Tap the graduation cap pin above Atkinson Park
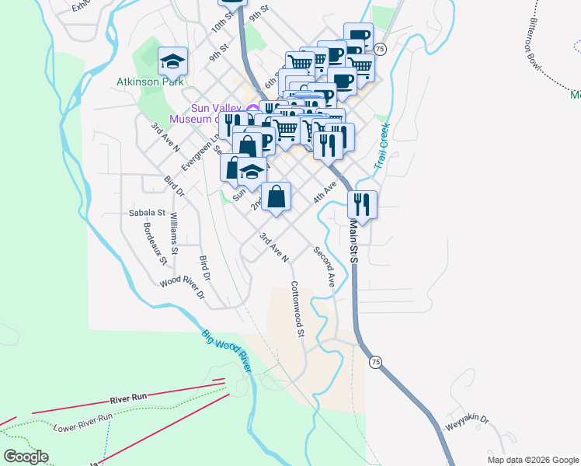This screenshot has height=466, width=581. [173, 61]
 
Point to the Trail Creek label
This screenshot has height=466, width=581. [381, 146]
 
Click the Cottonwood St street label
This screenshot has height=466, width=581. [296, 308]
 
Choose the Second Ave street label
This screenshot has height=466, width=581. [324, 267]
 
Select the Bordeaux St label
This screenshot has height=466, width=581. [156, 244]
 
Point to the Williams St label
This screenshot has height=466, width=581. [174, 234]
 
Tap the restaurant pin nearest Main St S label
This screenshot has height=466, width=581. [363, 204]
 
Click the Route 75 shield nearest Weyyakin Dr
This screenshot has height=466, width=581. [376, 362]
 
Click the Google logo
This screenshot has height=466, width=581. [26, 457]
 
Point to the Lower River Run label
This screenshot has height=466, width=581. [83, 423]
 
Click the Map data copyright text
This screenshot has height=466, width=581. [532, 460]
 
